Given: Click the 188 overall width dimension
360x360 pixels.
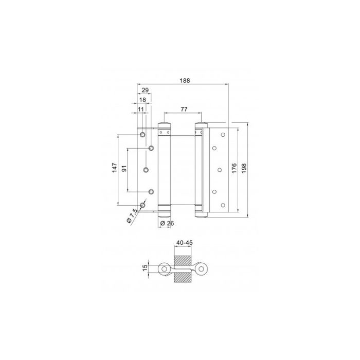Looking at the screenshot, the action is [185, 81].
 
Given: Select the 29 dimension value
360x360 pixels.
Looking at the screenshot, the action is [145, 90].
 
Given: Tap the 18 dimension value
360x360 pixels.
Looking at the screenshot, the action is [142, 100].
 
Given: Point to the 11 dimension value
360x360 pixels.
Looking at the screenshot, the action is [140, 109].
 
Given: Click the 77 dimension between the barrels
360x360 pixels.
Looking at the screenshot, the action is [184, 109].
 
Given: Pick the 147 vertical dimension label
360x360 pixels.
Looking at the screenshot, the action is [115, 168].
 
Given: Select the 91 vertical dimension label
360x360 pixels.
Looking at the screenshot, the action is [124, 169].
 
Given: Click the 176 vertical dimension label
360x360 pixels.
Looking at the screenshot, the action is [234, 168].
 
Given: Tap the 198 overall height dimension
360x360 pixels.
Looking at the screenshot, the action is [244, 168].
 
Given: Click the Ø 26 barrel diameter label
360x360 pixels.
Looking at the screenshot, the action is [167, 223].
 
